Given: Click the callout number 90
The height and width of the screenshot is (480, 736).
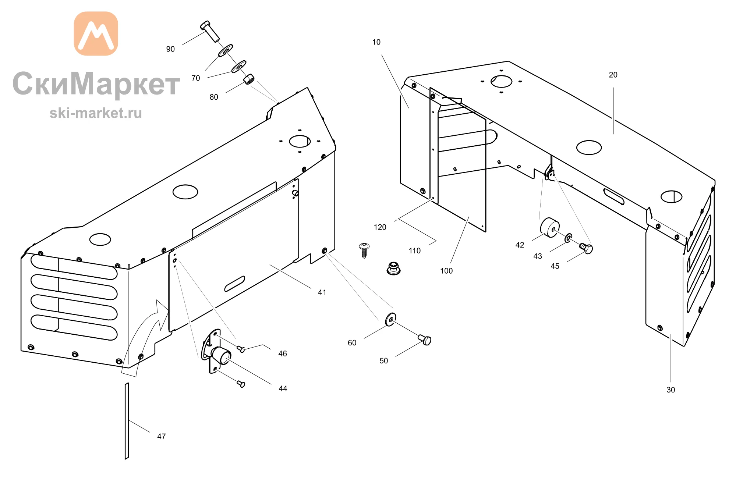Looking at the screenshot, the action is (170, 49).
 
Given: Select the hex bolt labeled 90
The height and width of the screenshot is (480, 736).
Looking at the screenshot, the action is (210, 31).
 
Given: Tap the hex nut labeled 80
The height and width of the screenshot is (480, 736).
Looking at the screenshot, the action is (249, 79).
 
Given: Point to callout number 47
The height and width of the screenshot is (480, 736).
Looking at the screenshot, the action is (161, 437).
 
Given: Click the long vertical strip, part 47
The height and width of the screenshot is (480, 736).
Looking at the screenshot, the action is (127, 421).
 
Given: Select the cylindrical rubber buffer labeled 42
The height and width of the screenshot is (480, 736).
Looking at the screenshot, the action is (550, 227).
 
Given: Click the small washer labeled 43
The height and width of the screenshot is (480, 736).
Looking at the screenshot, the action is (569, 238).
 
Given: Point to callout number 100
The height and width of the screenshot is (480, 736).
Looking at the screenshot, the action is (446, 271).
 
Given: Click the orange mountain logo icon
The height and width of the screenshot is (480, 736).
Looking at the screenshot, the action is (96, 33).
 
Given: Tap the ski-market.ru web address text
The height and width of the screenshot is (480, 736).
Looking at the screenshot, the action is (96, 113).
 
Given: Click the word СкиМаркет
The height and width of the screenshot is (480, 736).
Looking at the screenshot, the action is (96, 84).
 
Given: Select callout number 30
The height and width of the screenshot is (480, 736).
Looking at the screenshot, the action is (670, 390).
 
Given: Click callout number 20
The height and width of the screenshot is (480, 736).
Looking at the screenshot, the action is (613, 75).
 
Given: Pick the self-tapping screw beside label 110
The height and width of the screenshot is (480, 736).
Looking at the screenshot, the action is (364, 250).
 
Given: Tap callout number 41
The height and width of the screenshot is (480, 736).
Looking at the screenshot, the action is (322, 292).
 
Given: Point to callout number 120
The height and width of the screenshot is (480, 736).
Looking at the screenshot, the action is (380, 227).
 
